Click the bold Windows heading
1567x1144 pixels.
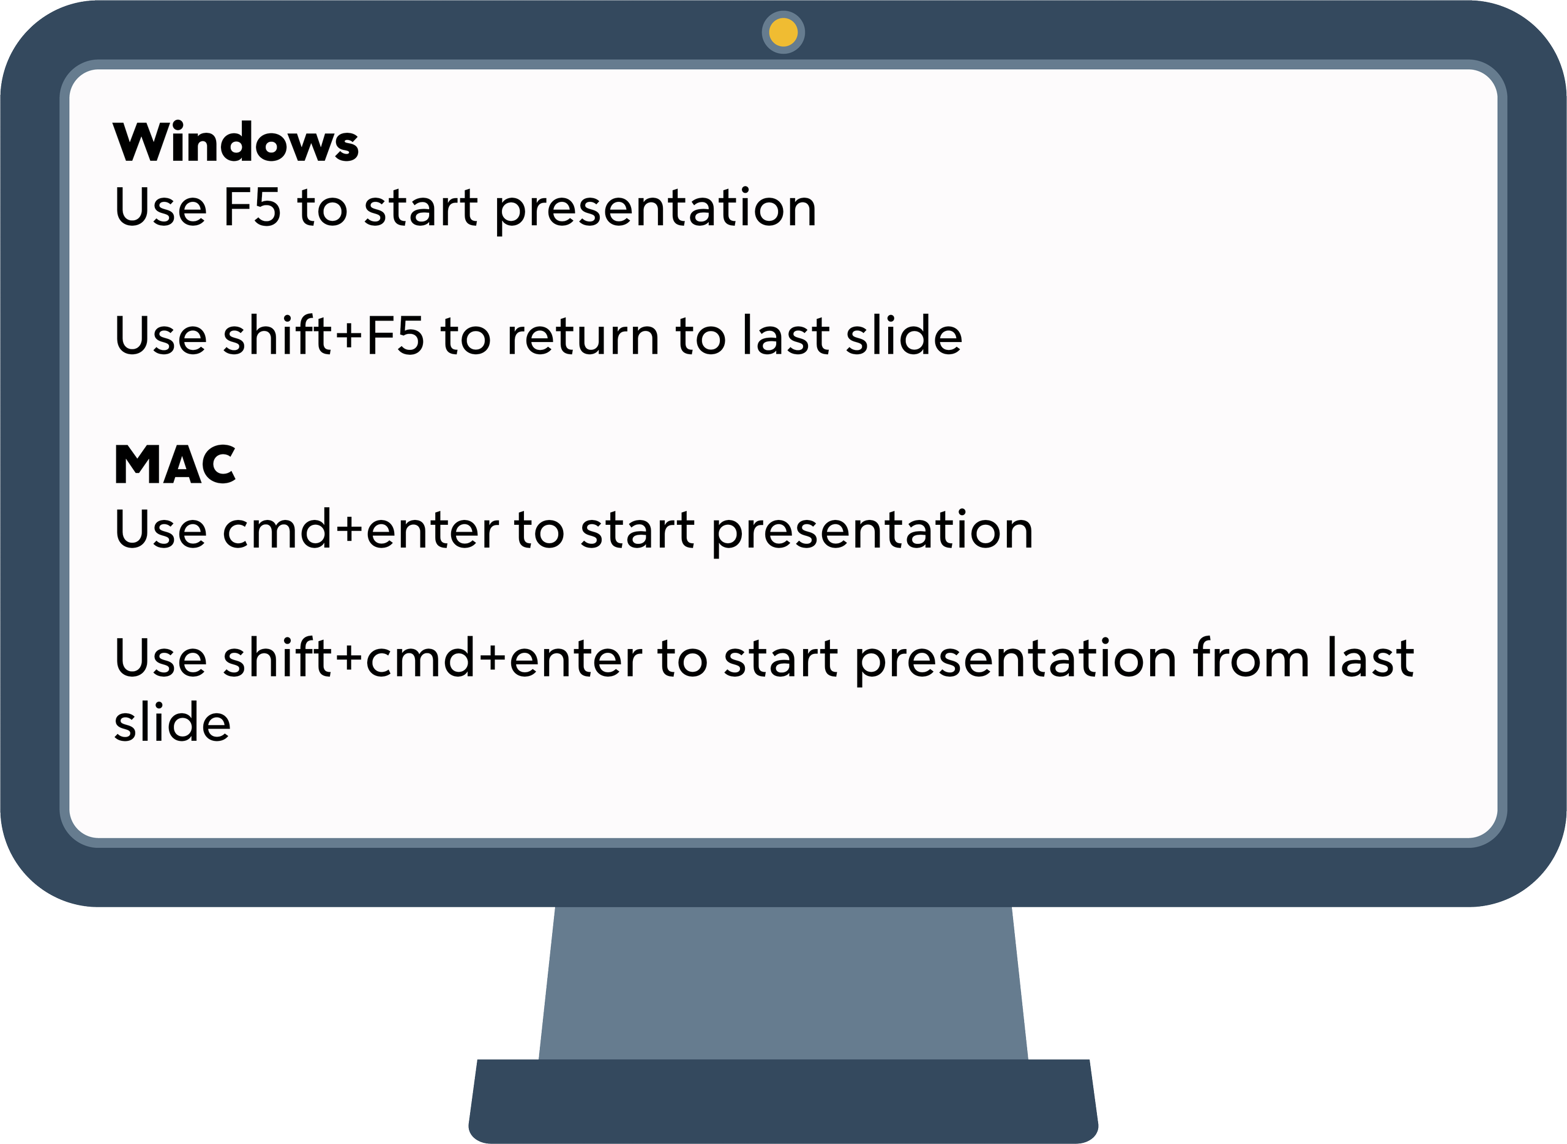point(236,143)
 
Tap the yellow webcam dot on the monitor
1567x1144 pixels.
point(783,32)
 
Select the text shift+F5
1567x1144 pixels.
point(323,336)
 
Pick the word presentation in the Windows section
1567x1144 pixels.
point(656,209)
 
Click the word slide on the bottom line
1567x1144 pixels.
point(172,722)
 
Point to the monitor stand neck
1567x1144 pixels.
point(783,983)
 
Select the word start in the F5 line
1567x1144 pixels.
point(421,208)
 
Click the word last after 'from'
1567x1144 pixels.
point(1369,658)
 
